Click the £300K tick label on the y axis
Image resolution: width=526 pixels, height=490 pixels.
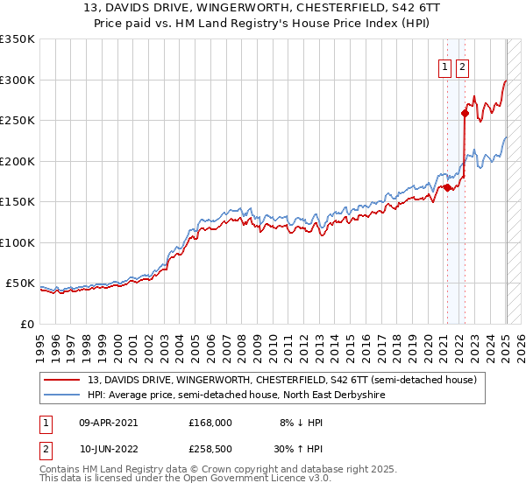click(17, 80)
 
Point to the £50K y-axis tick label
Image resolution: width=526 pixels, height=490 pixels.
click(20, 283)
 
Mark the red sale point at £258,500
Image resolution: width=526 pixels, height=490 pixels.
click(465, 113)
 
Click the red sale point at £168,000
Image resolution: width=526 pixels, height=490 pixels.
click(447, 186)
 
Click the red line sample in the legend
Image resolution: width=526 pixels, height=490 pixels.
click(62, 380)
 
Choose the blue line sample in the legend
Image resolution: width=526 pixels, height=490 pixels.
click(62, 395)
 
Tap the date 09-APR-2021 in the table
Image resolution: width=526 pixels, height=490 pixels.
click(108, 422)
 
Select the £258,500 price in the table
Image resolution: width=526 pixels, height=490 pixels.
click(210, 451)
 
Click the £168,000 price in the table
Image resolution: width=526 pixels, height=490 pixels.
click(210, 422)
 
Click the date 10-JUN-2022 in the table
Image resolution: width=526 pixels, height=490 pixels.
click(108, 451)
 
